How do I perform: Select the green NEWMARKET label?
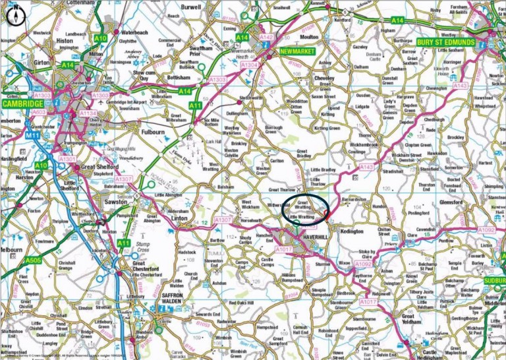298,51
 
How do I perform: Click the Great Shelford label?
99,168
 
